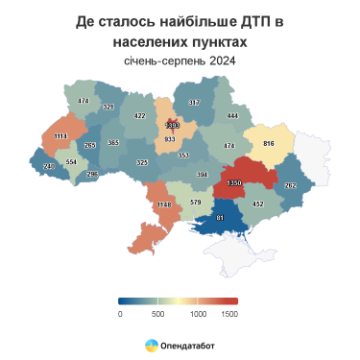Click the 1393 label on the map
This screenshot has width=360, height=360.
pyautogui.click(x=173, y=125)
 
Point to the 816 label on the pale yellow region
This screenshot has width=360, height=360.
pyautogui.click(x=269, y=142)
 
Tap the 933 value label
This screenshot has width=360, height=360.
pyautogui.click(x=170, y=140)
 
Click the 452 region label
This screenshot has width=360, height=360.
pyautogui.click(x=257, y=204)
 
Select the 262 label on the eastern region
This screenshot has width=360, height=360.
pyautogui.click(x=291, y=185)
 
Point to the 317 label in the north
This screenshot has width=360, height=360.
pyautogui.click(x=194, y=102)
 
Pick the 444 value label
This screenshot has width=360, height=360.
pyautogui.click(x=232, y=115)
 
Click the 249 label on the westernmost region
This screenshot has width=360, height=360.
pyautogui.click(x=49, y=167)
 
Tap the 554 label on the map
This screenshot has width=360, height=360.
pyautogui.click(x=71, y=162)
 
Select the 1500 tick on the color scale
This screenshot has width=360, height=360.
pyautogui.click(x=229, y=313)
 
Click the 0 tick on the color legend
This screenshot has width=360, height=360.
pyautogui.click(x=120, y=313)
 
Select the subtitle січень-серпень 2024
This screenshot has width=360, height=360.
pyautogui.click(x=180, y=61)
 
